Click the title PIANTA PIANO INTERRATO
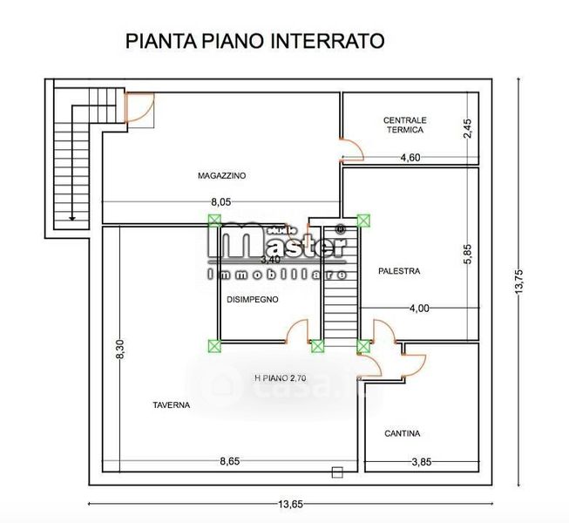pyautogui.click(x=254, y=41)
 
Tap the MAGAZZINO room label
pyautogui.click(x=221, y=176)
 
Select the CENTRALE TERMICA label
pyautogui.click(x=405, y=125)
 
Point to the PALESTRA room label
pyautogui.click(x=399, y=271)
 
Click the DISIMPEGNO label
pyautogui.click(x=253, y=300)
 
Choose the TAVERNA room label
pyautogui.click(x=172, y=405)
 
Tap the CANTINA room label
pyautogui.click(x=403, y=433)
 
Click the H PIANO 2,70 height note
pyautogui.click(x=281, y=378)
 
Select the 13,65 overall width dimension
pyautogui.click(x=290, y=504)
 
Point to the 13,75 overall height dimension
pyautogui.click(x=518, y=282)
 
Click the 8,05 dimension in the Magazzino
pyautogui.click(x=221, y=202)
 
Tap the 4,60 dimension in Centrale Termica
pyautogui.click(x=410, y=158)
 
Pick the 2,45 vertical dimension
pyautogui.click(x=468, y=128)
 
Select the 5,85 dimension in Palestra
pyautogui.click(x=468, y=254)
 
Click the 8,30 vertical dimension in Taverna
pyautogui.click(x=120, y=350)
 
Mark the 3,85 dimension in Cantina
pyautogui.click(x=422, y=462)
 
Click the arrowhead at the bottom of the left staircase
pyautogui.click(x=72, y=218)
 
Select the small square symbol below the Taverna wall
pyautogui.click(x=337, y=472)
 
